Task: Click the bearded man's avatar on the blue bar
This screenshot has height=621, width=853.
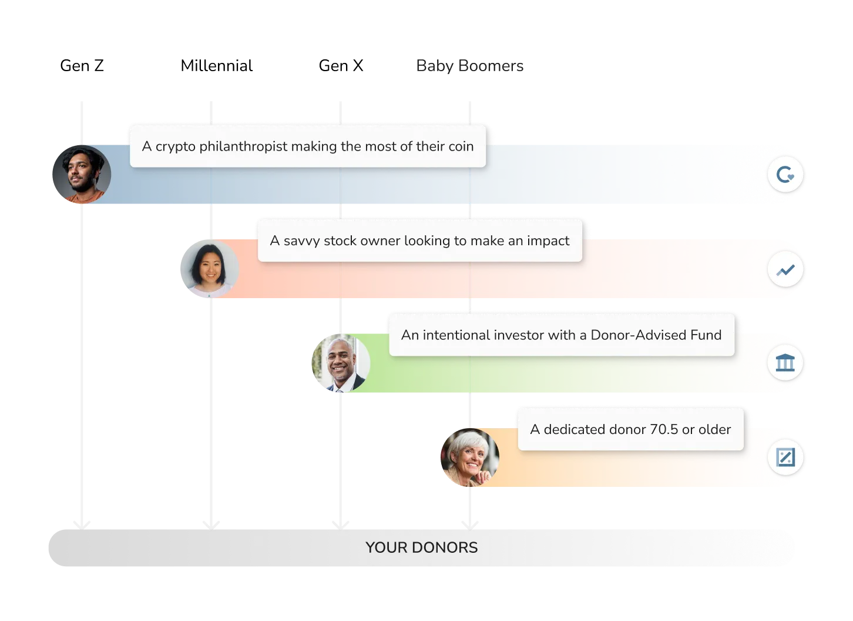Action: [81, 175]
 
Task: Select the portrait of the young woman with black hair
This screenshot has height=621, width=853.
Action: [209, 268]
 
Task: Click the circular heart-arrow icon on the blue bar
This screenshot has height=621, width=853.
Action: [785, 175]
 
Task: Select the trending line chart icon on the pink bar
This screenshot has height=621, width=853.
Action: [785, 270]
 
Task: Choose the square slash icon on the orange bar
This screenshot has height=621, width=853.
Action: [785, 457]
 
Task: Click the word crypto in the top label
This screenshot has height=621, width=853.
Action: [176, 147]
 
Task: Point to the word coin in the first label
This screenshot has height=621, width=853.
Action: [461, 146]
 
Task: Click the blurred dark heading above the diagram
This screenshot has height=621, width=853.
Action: [469, 67]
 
